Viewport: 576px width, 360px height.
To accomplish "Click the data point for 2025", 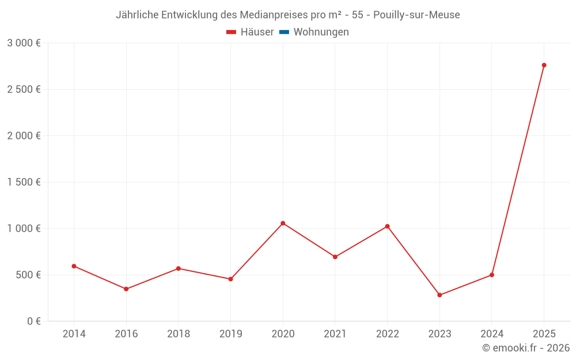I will click(544, 65).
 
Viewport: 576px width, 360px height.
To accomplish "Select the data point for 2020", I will click(283, 223).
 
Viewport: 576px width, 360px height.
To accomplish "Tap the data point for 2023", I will click(439, 295).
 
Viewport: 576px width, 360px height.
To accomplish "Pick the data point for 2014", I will click(74, 266).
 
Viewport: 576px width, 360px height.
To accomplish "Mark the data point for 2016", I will click(126, 289).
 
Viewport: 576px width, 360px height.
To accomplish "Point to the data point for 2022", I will click(387, 226).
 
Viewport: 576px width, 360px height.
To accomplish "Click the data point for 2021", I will click(335, 257).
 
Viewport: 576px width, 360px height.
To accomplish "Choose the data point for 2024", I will click(491, 275).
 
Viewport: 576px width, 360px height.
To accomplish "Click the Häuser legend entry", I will click(250, 32).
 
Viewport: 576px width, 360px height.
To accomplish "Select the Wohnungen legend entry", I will click(314, 32).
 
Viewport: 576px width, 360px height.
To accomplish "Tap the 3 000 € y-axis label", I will click(24, 43).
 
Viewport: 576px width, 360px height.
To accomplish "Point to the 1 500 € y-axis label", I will click(24, 182).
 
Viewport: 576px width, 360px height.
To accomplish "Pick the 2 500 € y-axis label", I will click(24, 89).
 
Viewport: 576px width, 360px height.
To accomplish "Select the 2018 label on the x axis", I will click(178, 334).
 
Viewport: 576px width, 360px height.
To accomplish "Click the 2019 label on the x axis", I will click(230, 334).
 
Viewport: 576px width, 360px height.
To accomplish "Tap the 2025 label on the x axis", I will click(544, 334).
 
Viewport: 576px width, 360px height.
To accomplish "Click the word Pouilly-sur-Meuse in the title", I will click(416, 15).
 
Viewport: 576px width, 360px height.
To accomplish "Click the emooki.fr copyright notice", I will click(525, 348).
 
